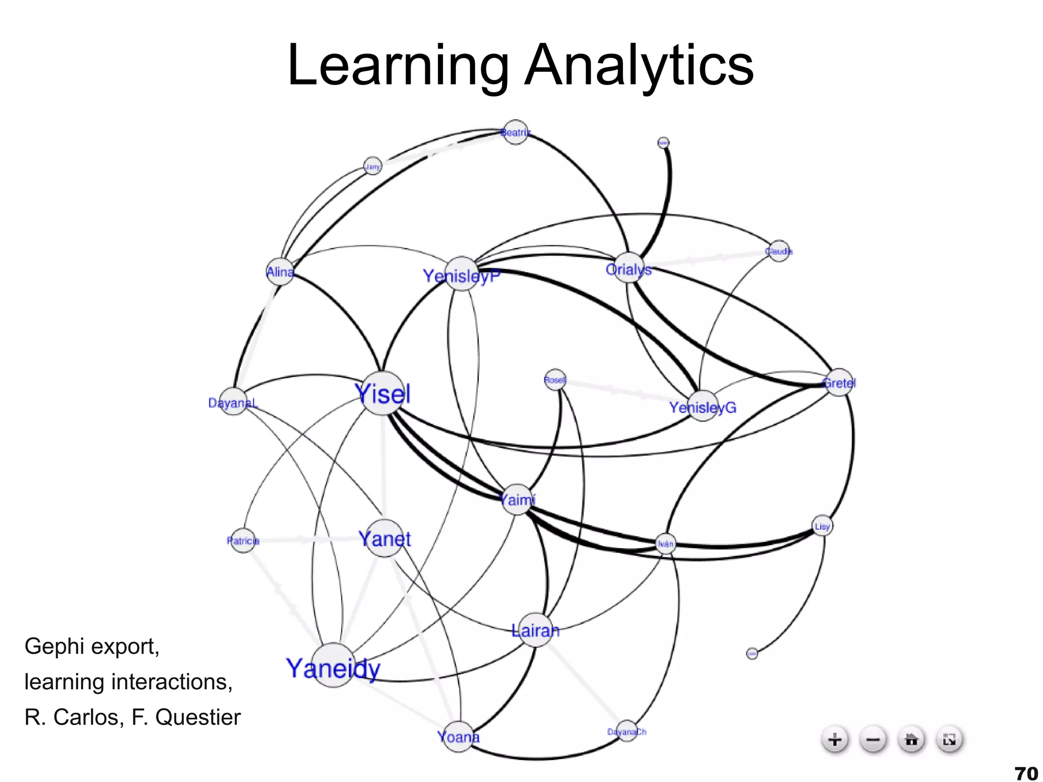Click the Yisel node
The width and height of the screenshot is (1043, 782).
pyautogui.click(x=382, y=393)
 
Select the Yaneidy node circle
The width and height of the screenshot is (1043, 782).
pyautogui.click(x=333, y=665)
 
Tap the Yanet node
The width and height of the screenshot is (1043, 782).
pyautogui.click(x=385, y=538)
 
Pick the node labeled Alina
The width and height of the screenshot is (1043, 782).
pyautogui.click(x=280, y=272)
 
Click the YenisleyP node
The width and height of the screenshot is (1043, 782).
pyautogui.click(x=461, y=274)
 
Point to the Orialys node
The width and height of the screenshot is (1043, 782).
pyautogui.click(x=629, y=267)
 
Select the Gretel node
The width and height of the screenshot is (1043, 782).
pyautogui.click(x=839, y=382)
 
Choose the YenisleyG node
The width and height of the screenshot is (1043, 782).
pyautogui.click(x=703, y=406)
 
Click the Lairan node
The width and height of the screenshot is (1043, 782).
pyautogui.click(x=535, y=630)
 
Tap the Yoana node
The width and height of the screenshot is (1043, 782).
pyautogui.click(x=458, y=737)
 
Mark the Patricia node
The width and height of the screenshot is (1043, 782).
pyautogui.click(x=243, y=540)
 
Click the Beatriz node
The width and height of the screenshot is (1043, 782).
pyautogui.click(x=515, y=132)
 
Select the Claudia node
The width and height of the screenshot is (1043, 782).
pyautogui.click(x=779, y=251)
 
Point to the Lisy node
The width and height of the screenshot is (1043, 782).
pyautogui.click(x=822, y=526)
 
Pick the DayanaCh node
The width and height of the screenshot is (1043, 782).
pyautogui.click(x=626, y=731)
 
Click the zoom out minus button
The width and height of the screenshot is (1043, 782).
pyautogui.click(x=873, y=739)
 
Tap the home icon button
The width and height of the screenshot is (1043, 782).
pyautogui.click(x=911, y=739)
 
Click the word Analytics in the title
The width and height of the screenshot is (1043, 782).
pyautogui.click(x=639, y=66)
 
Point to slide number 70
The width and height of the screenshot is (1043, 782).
pyautogui.click(x=1026, y=773)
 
